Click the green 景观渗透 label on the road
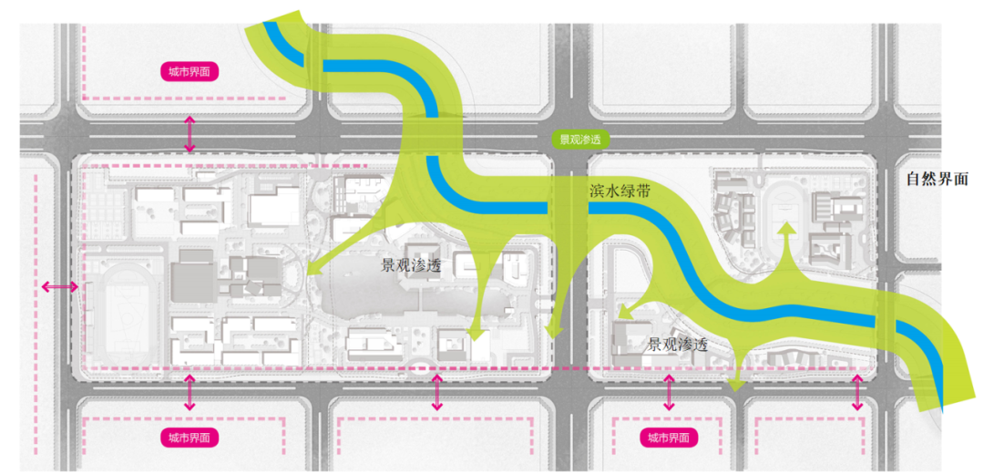click(580, 140)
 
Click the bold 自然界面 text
click(937, 180)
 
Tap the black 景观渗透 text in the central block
click(411, 266)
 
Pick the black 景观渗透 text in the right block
click(678, 346)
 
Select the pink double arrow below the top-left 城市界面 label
click(190, 134)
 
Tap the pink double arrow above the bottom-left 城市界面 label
click(190, 392)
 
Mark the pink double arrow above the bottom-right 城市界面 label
click(670, 392)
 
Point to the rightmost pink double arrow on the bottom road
click(857, 392)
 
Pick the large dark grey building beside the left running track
click(191, 278)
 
